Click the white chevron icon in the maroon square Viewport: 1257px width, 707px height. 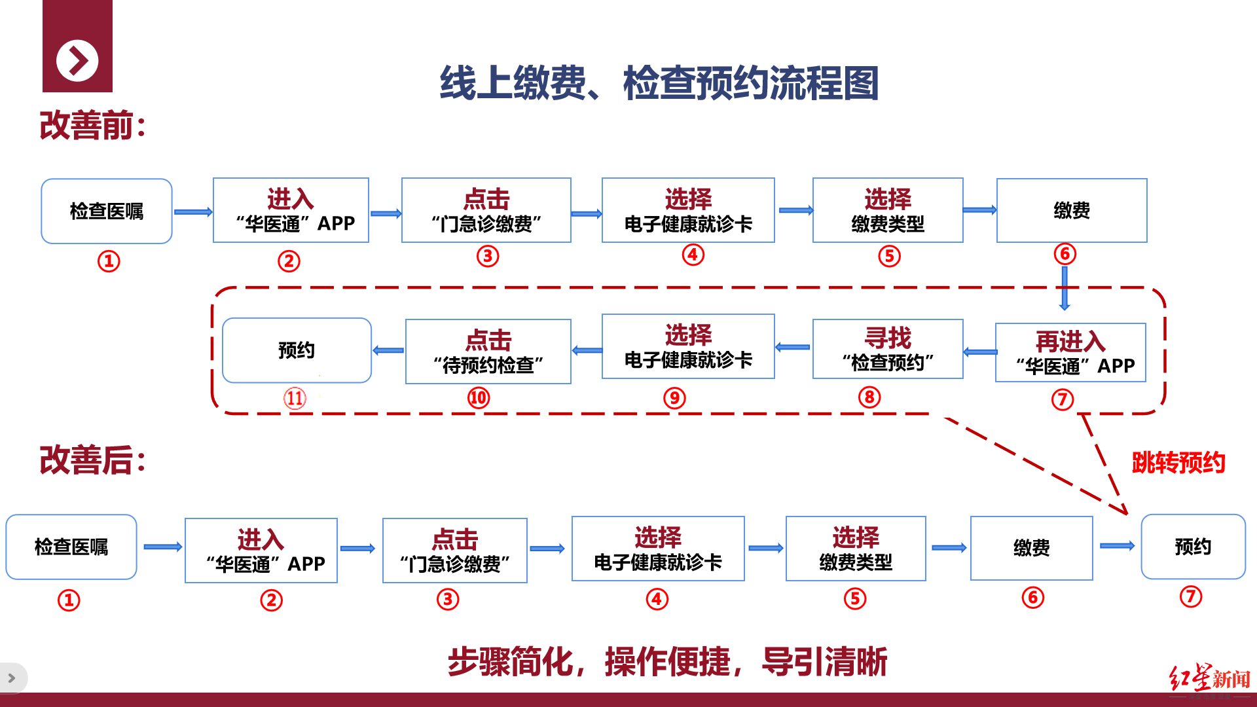(x=77, y=61)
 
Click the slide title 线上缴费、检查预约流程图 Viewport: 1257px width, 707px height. (x=659, y=83)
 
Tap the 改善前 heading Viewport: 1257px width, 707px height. (x=92, y=126)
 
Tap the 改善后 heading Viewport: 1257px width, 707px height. (x=92, y=460)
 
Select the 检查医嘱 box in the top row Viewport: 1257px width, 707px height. (x=107, y=211)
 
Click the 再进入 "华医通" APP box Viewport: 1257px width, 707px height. (x=1070, y=352)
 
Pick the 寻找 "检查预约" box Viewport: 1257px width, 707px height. (x=887, y=349)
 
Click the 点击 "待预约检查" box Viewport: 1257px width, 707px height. (x=488, y=352)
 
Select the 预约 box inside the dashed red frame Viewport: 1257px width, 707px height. (x=297, y=350)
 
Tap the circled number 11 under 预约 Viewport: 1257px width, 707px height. (x=295, y=398)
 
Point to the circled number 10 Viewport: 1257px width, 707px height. (x=479, y=397)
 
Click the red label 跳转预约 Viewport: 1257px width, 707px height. (x=1178, y=463)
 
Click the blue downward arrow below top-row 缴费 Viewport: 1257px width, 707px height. (x=1065, y=288)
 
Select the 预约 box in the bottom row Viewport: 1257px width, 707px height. (x=1193, y=547)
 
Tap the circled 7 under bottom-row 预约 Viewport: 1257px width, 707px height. (x=1191, y=596)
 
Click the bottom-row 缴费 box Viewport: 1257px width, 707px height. (x=1031, y=548)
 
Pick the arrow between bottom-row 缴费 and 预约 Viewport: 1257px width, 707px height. (x=1117, y=546)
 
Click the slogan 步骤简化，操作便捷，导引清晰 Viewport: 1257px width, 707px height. (x=667, y=661)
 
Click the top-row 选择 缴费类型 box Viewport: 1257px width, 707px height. (x=888, y=210)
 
